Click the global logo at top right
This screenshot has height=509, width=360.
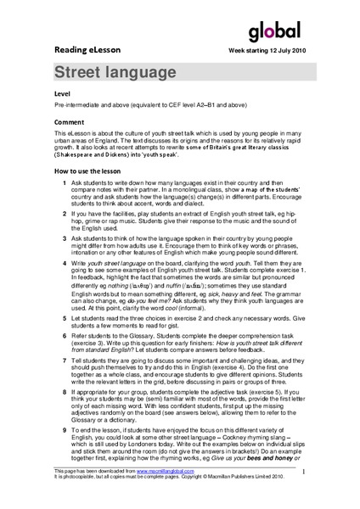[274, 32]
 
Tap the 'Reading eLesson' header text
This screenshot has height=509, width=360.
[86, 50]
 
